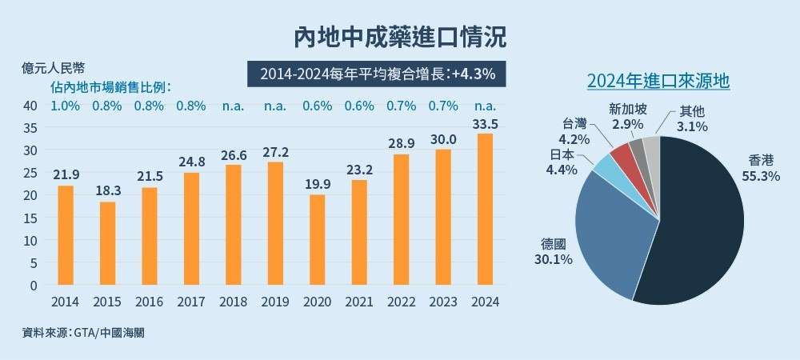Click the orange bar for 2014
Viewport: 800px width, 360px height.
(x=66, y=235)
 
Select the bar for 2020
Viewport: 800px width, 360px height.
(x=317, y=239)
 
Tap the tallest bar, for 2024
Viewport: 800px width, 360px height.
(x=486, y=209)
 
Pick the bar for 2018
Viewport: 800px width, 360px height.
(x=233, y=225)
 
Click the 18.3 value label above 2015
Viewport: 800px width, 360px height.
(x=107, y=191)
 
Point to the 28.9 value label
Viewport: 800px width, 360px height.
(x=401, y=143)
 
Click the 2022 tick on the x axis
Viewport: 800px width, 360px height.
(x=401, y=302)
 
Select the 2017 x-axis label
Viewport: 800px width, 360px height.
(x=191, y=302)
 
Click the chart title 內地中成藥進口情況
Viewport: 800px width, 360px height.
(x=400, y=37)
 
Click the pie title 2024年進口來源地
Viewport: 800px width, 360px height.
(x=658, y=81)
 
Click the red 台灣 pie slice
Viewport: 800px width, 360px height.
(x=620, y=154)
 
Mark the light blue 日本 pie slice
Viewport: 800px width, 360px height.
(x=603, y=165)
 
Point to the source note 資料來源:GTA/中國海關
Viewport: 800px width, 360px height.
(x=84, y=332)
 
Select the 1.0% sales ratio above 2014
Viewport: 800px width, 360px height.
(x=65, y=106)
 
